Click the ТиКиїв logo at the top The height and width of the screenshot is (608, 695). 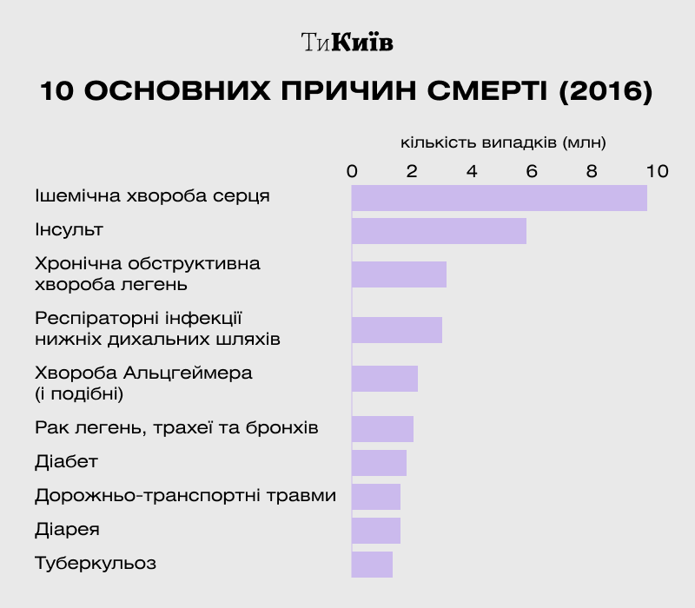click(347, 42)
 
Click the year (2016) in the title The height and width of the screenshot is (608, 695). click(605, 91)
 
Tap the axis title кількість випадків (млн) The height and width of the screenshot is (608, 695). click(503, 142)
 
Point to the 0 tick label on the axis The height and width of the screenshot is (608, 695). click(352, 171)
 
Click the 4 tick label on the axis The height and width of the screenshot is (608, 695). click(472, 171)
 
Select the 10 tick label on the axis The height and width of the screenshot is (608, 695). click(657, 171)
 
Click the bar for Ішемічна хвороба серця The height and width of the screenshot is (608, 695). click(500, 198)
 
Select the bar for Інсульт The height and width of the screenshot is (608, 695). click(439, 231)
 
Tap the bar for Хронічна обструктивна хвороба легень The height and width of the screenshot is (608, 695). click(399, 274)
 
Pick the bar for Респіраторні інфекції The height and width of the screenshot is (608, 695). click(397, 330)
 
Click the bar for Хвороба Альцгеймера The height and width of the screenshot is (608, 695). click(385, 379)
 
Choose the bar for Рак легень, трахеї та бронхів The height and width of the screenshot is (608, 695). click(382, 429)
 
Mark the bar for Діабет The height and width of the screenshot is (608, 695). click(379, 463)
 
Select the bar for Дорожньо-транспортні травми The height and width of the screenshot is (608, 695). click(376, 497)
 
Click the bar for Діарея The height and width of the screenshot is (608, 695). click(376, 530)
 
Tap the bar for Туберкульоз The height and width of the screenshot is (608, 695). click(372, 565)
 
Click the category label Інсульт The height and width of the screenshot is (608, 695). click(69, 230)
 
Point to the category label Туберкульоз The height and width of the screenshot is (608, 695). click(96, 563)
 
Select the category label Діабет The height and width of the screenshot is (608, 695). click(66, 461)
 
